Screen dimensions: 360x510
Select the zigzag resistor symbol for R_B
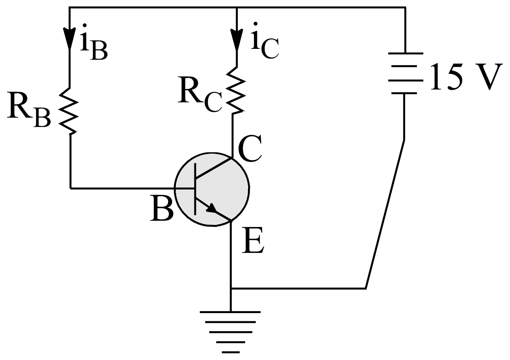70,111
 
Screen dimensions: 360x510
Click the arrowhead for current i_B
70,37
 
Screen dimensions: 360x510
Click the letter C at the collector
250,150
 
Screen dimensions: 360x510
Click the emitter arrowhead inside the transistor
212,209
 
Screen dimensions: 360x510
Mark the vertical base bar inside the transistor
195,188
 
